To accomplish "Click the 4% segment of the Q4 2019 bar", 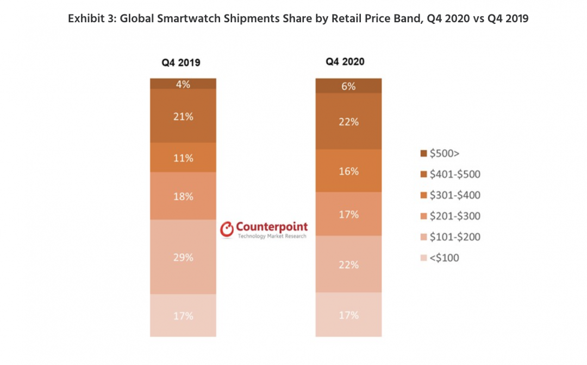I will click(183, 84).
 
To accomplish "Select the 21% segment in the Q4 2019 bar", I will click(183, 116).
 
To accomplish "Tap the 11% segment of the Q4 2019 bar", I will click(183, 158).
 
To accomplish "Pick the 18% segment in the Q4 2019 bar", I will click(183, 196).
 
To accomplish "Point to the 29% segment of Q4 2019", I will click(183, 257).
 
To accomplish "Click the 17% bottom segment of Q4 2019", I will click(183, 316).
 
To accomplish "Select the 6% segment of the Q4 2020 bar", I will click(348, 86).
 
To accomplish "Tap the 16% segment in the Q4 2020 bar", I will click(348, 171).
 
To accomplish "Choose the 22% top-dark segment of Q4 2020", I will click(348, 122).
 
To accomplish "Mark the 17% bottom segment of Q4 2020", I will click(348, 315).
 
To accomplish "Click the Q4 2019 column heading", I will click(181, 62).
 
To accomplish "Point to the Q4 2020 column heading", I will click(345, 62).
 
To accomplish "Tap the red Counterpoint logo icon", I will click(227, 230).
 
